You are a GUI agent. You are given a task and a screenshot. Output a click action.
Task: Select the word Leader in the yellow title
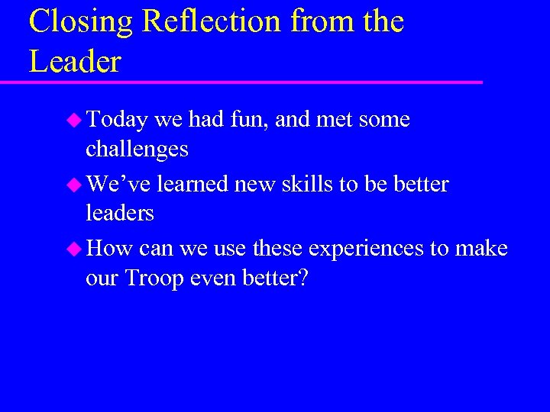tap(75, 60)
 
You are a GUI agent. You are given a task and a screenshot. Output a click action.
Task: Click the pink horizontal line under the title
tap(252, 81)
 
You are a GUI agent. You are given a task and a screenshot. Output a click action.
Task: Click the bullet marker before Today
tap(74, 120)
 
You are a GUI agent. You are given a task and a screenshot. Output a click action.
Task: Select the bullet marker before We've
tap(74, 185)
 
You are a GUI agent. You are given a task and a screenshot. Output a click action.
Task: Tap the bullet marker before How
tap(74, 249)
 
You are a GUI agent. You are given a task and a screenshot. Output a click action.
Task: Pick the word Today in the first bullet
tap(117, 120)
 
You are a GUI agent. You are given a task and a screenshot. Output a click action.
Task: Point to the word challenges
tap(137, 149)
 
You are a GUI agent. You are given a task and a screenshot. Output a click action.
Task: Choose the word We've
tap(119, 184)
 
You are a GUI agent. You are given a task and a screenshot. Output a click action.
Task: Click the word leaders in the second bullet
tap(120, 213)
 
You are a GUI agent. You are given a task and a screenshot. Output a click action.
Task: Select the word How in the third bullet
tap(110, 249)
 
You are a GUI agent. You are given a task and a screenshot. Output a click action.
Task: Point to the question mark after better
tap(302, 278)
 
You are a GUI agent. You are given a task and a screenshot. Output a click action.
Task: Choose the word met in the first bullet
tap(333, 120)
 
